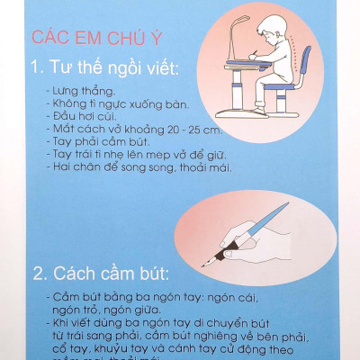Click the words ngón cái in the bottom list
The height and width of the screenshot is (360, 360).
(251, 296)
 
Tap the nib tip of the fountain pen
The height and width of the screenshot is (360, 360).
(208, 264)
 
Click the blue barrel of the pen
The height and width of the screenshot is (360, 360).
(270, 217)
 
